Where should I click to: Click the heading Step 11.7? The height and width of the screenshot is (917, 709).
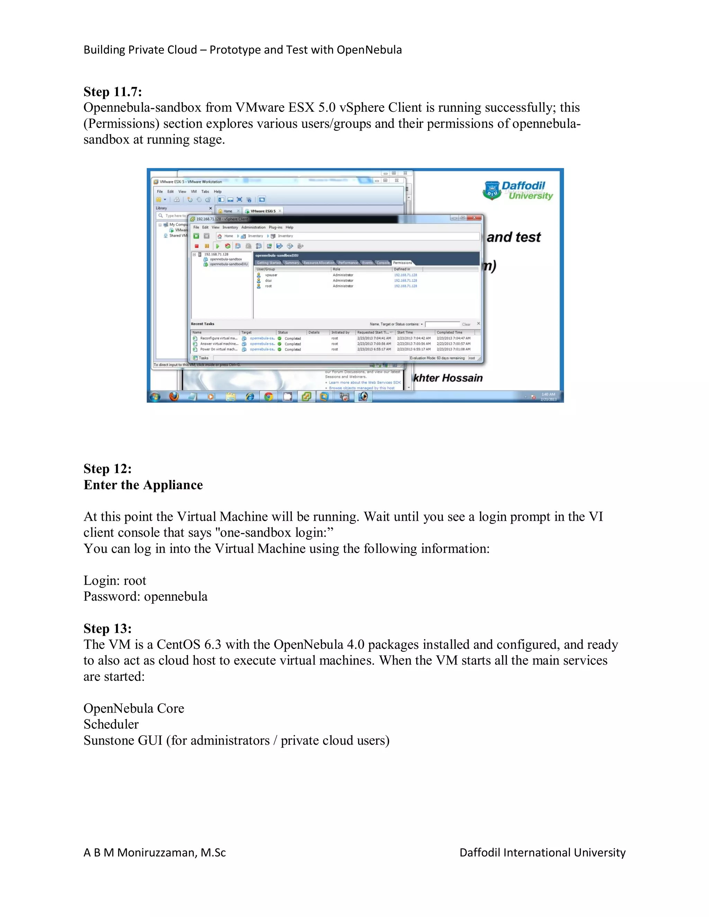113,92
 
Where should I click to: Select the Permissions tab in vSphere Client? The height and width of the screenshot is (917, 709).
402,263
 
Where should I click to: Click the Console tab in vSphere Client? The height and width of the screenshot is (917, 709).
383,263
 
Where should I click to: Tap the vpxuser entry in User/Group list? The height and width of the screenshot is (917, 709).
271,275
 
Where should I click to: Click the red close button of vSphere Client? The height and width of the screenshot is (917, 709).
474,218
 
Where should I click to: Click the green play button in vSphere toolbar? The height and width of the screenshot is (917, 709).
217,246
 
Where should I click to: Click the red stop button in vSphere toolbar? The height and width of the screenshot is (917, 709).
197,246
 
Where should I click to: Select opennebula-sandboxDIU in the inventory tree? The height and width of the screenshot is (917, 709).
228,264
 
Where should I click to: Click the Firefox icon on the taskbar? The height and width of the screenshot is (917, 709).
174,396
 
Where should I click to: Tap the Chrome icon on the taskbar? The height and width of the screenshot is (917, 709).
268,396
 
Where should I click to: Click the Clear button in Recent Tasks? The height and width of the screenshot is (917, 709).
466,325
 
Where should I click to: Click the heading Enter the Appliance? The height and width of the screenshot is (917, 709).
143,485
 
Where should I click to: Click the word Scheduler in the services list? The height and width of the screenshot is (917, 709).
111,724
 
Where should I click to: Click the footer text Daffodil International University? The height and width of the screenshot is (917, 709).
542,852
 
